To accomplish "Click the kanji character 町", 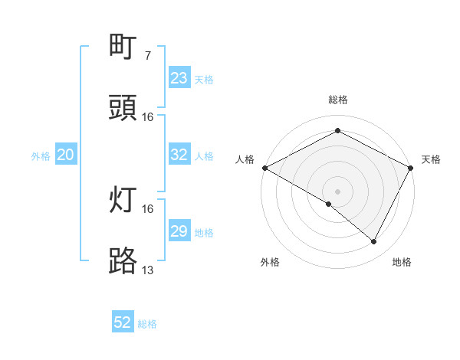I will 123,47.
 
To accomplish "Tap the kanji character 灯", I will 123,201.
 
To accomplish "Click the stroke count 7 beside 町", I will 147,55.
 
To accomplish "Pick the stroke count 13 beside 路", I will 147,270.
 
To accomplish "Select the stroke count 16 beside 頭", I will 147,116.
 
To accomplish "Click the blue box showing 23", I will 179,78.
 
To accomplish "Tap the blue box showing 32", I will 179,155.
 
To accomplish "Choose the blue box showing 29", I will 179,231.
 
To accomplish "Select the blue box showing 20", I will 66,155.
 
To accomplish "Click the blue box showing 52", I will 123,322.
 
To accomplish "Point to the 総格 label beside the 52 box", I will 148,324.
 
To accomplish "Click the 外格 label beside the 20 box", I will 41,156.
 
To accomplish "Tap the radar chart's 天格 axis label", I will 431,159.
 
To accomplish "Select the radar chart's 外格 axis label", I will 270,262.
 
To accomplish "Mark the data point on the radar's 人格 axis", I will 264,168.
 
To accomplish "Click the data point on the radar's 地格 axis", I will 374,242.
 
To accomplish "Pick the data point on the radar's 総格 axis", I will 337,131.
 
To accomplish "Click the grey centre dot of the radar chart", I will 337,191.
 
